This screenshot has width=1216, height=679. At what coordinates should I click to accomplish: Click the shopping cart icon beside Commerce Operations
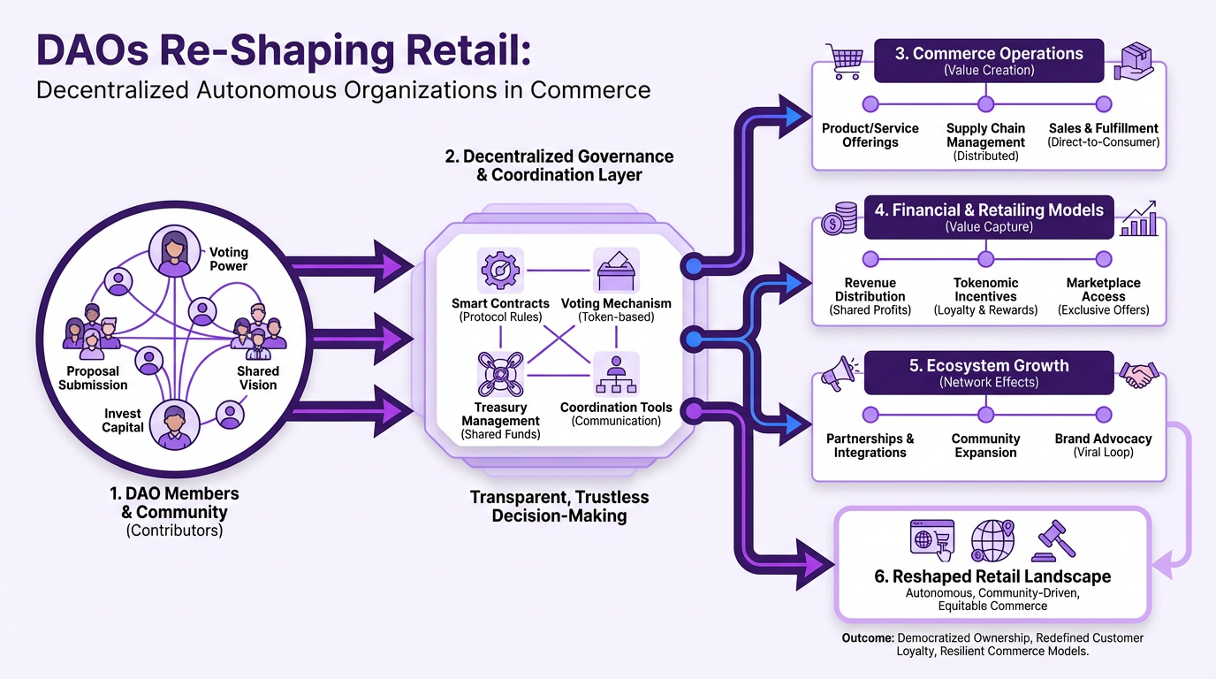tap(842, 61)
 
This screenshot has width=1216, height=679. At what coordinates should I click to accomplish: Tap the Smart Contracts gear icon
tap(500, 270)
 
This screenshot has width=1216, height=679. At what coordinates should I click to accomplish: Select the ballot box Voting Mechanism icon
tap(616, 270)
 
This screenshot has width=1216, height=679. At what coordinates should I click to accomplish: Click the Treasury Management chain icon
tap(500, 374)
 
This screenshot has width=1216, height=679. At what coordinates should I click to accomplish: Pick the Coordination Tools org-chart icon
tap(616, 374)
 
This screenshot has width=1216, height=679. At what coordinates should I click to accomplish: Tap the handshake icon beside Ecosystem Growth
tap(1139, 374)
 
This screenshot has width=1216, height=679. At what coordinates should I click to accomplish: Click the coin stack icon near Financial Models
tap(839, 218)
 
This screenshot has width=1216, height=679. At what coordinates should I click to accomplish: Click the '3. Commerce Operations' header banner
tap(988, 60)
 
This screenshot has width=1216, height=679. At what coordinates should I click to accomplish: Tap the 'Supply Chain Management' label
tap(985, 135)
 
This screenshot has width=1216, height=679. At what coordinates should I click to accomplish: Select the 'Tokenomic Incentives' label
tap(985, 290)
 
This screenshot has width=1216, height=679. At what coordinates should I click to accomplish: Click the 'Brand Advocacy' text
tap(1103, 439)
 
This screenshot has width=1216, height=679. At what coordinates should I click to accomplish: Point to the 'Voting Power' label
tap(228, 259)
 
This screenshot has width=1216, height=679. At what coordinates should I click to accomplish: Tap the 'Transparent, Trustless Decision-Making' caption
tap(559, 507)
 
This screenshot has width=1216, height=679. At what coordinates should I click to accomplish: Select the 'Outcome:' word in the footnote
tap(869, 637)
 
